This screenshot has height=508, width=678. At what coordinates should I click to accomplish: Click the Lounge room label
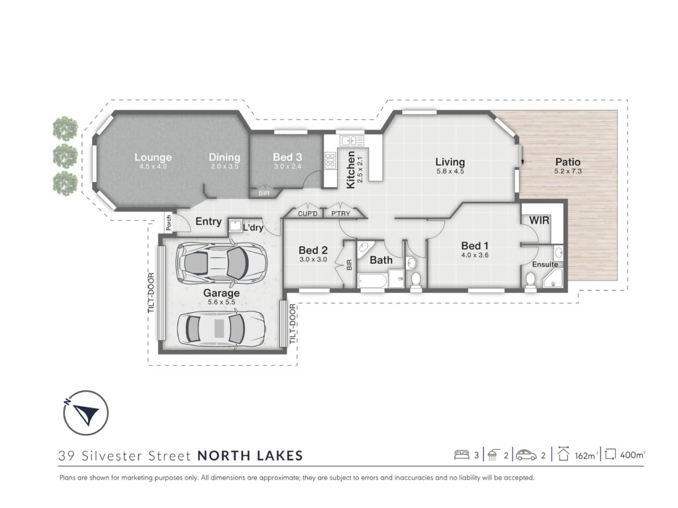(153, 157)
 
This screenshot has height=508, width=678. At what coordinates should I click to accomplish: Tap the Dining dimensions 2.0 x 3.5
(224, 166)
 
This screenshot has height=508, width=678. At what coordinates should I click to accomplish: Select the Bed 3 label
(287, 157)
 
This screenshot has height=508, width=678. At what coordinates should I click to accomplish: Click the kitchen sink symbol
(352, 140)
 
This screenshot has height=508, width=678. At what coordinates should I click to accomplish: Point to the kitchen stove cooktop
(331, 160)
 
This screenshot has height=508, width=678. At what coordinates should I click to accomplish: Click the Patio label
(567, 162)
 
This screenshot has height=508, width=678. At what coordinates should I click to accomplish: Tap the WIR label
(539, 220)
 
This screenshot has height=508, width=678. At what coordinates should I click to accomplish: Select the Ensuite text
(545, 265)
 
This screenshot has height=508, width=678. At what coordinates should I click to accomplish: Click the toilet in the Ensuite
(530, 280)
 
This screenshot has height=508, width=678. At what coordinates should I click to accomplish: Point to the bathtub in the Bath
(373, 280)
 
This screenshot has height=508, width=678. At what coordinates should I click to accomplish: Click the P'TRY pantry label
(341, 214)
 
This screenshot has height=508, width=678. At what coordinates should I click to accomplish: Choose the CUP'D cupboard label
(308, 214)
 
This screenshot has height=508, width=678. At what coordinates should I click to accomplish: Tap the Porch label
(169, 223)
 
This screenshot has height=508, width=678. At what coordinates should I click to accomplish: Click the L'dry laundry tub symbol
(235, 225)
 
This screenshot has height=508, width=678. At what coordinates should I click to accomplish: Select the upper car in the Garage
(221, 262)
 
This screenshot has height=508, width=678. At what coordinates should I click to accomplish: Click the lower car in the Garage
(220, 327)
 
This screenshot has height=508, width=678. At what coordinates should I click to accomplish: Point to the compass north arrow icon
(85, 413)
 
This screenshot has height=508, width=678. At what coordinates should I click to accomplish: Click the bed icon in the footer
(461, 455)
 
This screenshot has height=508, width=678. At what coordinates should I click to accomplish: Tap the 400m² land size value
(632, 455)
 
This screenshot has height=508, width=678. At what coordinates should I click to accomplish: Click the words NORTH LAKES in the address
(250, 456)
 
